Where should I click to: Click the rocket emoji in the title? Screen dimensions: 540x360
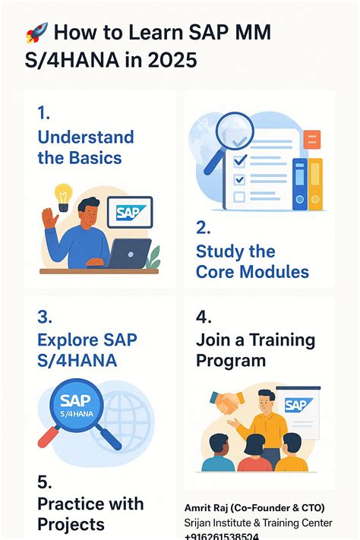pos(36,33)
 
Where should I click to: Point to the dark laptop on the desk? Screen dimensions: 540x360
pos(129,253)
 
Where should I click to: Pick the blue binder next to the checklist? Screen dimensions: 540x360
pos(300,182)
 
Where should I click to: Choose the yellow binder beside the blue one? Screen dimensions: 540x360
pos(315,182)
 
